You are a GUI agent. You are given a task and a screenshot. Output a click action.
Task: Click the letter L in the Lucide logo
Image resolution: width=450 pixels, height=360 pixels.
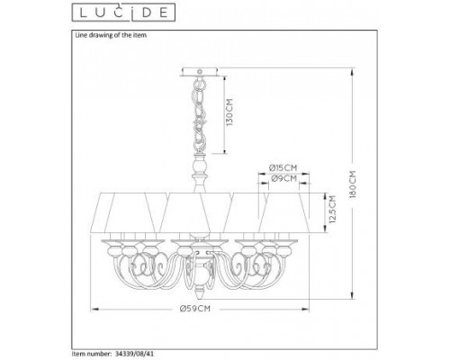pos(76,12)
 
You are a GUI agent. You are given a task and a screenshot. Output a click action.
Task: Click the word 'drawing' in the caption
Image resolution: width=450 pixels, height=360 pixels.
pos(101,35)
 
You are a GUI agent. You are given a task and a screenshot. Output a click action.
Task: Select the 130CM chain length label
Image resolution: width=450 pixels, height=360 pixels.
pos(230,114)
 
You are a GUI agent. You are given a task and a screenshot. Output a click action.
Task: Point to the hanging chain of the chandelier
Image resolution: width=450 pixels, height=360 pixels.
pos(200,117)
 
